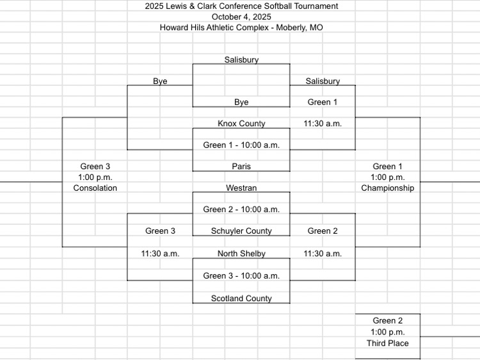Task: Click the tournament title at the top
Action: click(x=241, y=6)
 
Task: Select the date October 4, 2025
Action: click(x=241, y=17)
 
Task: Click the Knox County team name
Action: click(x=241, y=124)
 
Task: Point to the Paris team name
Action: click(x=241, y=167)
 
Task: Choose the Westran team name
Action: click(x=241, y=188)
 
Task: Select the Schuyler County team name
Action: click(x=241, y=231)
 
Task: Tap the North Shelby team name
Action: click(x=241, y=254)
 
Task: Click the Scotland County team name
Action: click(x=241, y=298)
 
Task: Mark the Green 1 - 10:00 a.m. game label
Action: click(x=241, y=145)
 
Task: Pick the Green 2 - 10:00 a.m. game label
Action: click(x=241, y=209)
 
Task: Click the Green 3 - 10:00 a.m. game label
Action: click(x=241, y=275)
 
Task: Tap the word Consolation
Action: click(x=95, y=188)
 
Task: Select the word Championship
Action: click(x=388, y=188)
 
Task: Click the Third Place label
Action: click(x=388, y=343)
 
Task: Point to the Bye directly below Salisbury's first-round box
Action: click(x=241, y=102)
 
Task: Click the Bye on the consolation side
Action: click(x=160, y=81)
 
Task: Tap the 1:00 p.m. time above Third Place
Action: click(x=388, y=332)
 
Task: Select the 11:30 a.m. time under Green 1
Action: click(x=323, y=124)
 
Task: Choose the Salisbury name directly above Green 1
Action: click(x=323, y=81)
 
